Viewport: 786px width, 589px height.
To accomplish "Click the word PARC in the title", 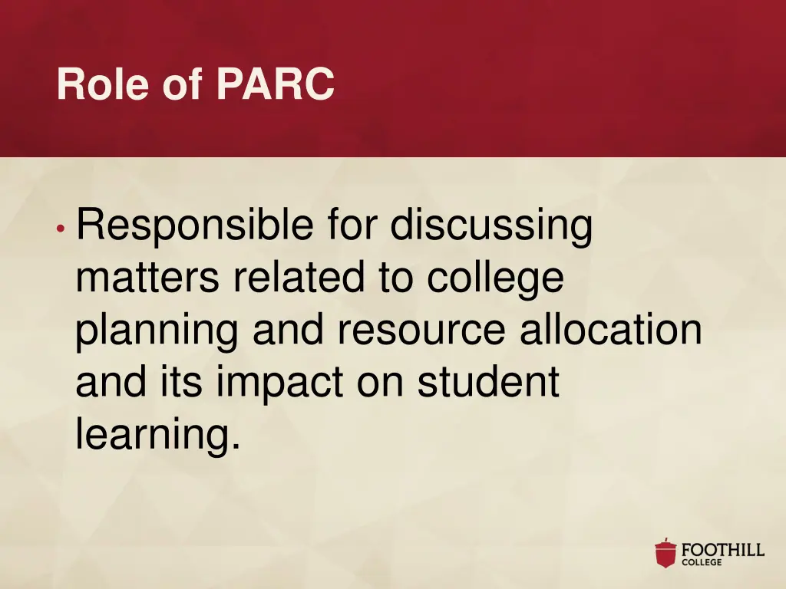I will tap(276, 84).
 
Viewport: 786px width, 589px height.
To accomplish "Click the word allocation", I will tap(610, 331).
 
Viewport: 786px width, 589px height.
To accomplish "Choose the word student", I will tap(487, 382).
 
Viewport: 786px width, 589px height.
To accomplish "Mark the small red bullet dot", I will tap(60, 229).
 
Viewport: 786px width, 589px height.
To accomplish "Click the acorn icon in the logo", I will tap(665, 553).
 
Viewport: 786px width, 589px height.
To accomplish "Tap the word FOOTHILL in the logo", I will tap(723, 550).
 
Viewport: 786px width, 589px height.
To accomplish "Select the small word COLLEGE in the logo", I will tap(702, 563).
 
